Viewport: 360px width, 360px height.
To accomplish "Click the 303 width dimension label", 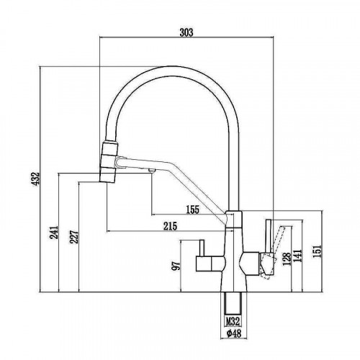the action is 186,32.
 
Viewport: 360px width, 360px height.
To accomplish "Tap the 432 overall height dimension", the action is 35,179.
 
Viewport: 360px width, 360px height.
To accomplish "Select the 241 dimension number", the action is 54,232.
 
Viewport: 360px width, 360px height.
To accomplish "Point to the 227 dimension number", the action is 74,237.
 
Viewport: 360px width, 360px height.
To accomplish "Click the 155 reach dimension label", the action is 193,210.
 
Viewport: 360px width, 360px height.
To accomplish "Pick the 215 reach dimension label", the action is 170,226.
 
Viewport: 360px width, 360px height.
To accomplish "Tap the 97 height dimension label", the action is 176,266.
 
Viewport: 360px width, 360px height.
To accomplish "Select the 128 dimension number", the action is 287,259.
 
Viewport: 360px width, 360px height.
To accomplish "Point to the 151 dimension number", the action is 317,251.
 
